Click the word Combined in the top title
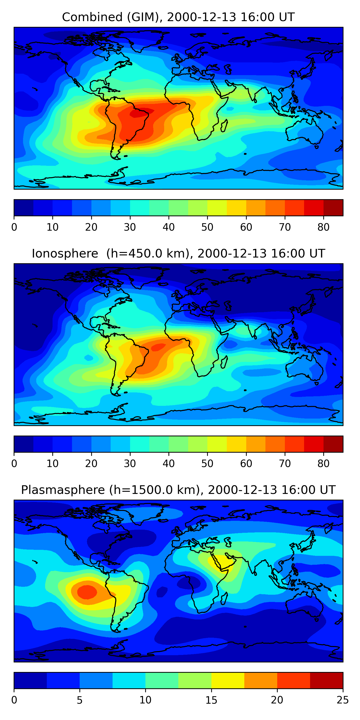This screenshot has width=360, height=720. pos(92,17)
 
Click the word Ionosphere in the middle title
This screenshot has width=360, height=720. pos(65,253)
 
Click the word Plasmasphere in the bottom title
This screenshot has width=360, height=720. pos(63,490)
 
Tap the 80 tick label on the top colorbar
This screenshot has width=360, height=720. pos(323,227)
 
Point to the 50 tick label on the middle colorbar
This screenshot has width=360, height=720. pos(207,463)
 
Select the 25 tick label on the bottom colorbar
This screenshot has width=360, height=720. pos(342,700)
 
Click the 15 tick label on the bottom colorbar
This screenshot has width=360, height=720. pos(211,700)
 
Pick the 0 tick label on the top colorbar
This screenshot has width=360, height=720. pos(14,227)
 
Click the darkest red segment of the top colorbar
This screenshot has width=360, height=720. pos(333,208)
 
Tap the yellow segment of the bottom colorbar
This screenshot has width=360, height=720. pos(228,680)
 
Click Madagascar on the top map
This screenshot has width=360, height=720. pos(224,126)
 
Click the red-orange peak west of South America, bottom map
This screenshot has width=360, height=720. pos(87,592)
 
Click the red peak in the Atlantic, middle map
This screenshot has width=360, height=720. pos(158,347)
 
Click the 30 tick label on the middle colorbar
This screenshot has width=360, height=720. pos(130,463)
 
